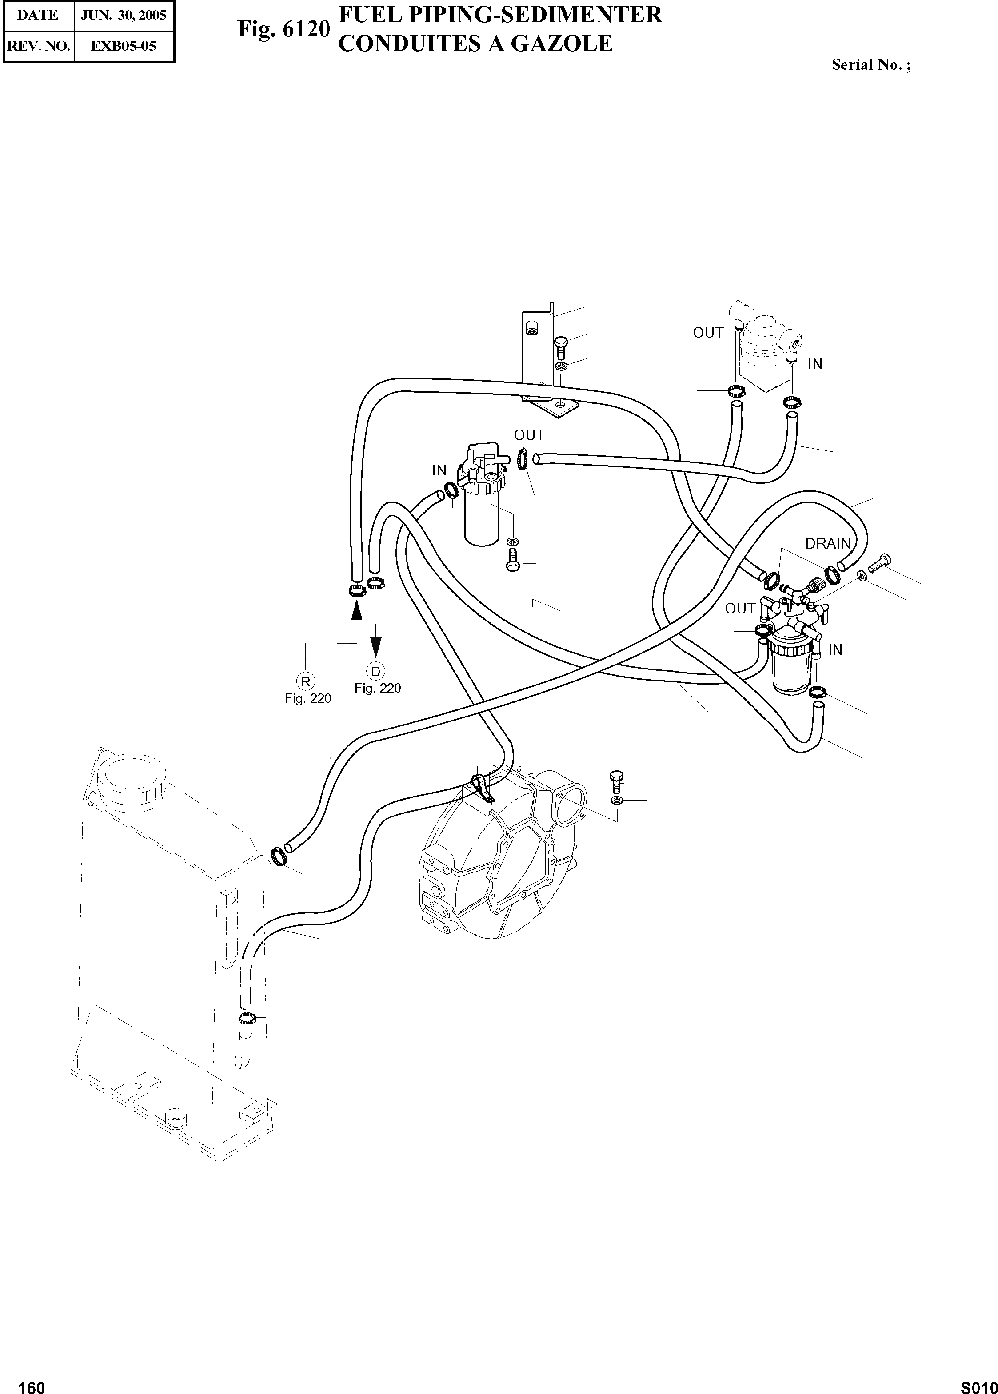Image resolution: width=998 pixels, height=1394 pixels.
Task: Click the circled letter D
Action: (x=375, y=671)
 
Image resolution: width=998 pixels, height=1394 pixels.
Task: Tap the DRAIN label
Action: (x=828, y=544)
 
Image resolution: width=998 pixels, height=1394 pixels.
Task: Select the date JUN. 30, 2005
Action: (x=124, y=16)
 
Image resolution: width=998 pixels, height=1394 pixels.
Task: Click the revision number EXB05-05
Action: (x=123, y=45)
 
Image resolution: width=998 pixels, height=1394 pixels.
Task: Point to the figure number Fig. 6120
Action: (x=284, y=29)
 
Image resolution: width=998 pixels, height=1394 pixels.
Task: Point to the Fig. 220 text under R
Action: (x=308, y=698)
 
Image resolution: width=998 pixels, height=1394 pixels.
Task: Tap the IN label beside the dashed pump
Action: (x=815, y=364)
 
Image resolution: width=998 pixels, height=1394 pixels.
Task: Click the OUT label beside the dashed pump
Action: (x=708, y=332)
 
